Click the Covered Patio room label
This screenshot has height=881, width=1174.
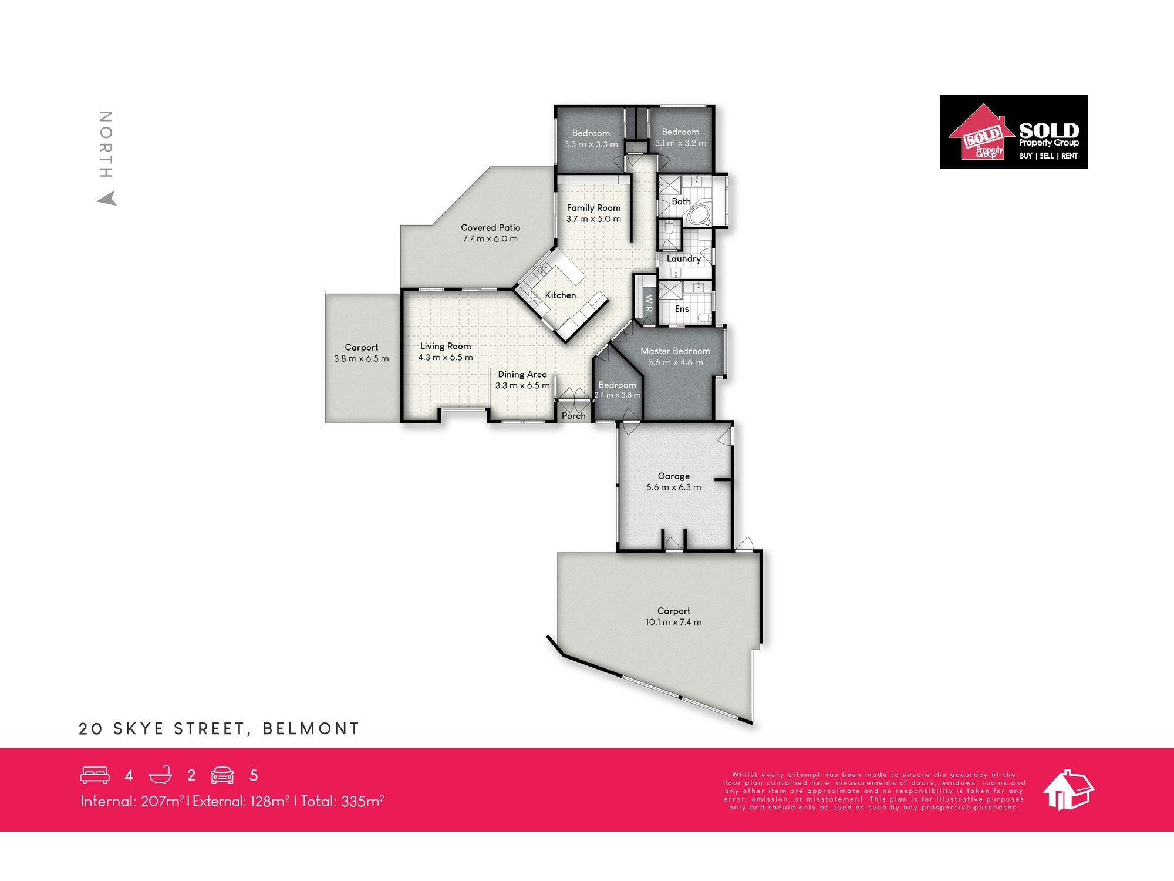pyautogui.click(x=490, y=227)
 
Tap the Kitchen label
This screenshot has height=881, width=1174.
pyautogui.click(x=560, y=295)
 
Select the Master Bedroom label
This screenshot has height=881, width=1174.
pyautogui.click(x=675, y=351)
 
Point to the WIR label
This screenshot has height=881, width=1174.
pyautogui.click(x=649, y=303)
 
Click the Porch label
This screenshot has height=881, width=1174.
pyautogui.click(x=573, y=416)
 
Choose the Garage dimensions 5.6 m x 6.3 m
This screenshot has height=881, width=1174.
pyautogui.click(x=673, y=487)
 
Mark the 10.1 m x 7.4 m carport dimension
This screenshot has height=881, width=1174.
pyautogui.click(x=673, y=622)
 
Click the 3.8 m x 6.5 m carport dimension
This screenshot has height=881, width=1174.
pyautogui.click(x=361, y=358)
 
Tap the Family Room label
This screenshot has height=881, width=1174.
pyautogui.click(x=593, y=208)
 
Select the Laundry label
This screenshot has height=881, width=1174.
pyautogui.click(x=683, y=258)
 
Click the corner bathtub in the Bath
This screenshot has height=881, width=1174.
pyautogui.click(x=699, y=214)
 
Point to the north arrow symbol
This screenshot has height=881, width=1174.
pyautogui.click(x=107, y=199)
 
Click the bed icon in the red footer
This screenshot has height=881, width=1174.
pyautogui.click(x=95, y=775)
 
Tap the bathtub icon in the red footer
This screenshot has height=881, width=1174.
pyautogui.click(x=160, y=775)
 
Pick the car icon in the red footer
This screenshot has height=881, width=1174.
pyautogui.click(x=222, y=775)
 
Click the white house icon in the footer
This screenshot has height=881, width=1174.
pyautogui.click(x=1068, y=790)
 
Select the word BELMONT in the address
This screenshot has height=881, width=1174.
pyautogui.click(x=311, y=729)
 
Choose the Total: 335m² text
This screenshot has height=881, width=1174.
pyautogui.click(x=342, y=801)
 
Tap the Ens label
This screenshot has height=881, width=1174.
pyautogui.click(x=682, y=308)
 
